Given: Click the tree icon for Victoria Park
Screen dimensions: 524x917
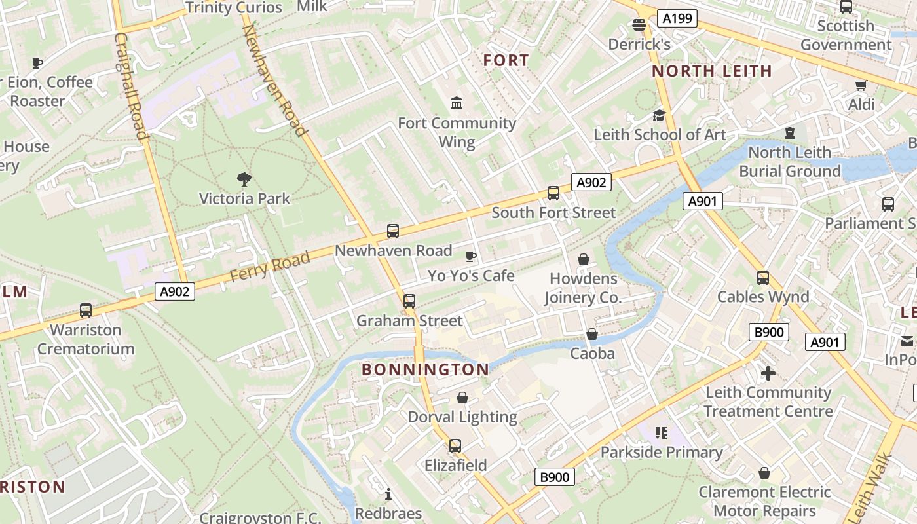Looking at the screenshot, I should [244, 179].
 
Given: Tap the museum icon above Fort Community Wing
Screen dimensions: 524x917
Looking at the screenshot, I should [457, 103].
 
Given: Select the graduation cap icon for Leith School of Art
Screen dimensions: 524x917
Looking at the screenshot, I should [658, 116].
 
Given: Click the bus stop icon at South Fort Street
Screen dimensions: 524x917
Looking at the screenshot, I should [553, 193].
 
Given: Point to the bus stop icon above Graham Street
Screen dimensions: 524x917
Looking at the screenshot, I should [409, 301].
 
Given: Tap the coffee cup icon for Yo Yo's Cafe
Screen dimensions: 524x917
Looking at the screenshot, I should [470, 256].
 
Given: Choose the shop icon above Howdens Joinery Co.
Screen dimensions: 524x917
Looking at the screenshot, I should [583, 259].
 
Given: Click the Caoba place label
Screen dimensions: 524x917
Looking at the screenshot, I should [592, 354].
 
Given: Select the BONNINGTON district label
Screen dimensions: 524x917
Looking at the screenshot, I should [425, 370].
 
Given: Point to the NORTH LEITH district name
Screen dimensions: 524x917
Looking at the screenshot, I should [712, 71].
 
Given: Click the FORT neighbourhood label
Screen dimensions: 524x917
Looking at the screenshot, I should [506, 61].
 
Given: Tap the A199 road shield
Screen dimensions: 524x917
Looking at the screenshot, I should [677, 18].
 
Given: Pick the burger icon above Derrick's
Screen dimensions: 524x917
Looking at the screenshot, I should [639, 25].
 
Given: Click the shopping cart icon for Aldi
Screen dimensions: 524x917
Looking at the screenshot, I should [861, 86].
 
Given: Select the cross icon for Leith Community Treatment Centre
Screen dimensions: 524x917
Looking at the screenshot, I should [768, 373].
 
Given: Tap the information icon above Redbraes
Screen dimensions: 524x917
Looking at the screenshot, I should [388, 494].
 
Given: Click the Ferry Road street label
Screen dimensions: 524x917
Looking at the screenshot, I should [270, 267].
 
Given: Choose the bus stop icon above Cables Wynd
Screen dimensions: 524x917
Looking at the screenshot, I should [763, 278].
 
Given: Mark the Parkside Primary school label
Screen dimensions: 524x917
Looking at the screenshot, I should [662, 452].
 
